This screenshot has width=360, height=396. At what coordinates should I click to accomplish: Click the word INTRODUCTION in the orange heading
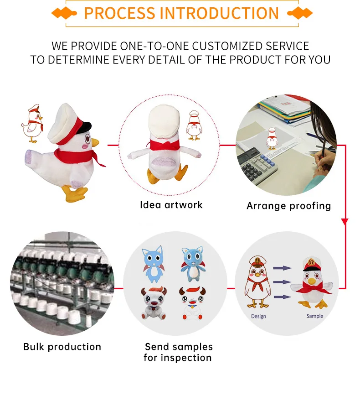click(216, 13)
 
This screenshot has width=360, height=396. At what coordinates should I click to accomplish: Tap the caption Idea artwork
click(171, 205)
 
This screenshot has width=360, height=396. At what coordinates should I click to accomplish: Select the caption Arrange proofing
click(288, 206)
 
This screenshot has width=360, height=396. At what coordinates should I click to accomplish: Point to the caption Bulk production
click(62, 347)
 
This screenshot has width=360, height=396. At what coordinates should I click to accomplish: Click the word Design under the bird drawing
click(259, 316)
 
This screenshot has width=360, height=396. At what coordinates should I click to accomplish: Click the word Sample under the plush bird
click(314, 316)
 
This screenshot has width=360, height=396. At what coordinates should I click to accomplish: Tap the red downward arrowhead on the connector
click(345, 222)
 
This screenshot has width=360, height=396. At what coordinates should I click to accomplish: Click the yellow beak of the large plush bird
click(95, 143)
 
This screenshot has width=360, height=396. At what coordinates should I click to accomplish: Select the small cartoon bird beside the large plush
click(33, 123)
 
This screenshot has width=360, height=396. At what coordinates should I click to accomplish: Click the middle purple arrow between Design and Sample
click(283, 282)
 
